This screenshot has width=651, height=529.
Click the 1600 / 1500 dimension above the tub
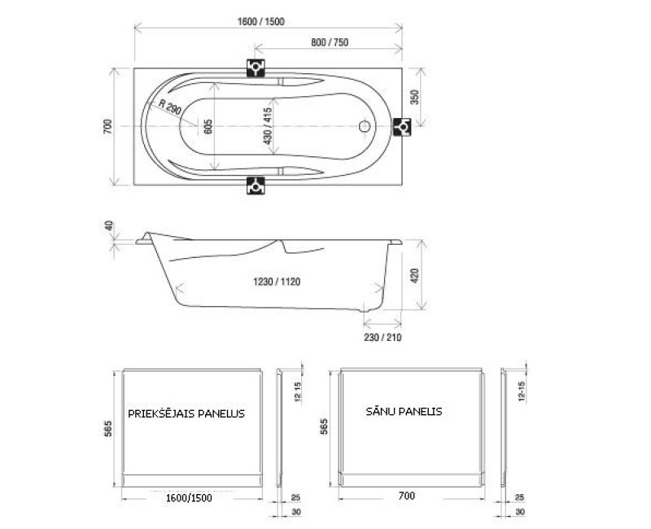click(261, 22)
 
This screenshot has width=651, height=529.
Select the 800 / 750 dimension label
click(330, 42)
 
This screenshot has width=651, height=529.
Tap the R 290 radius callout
click(168, 107)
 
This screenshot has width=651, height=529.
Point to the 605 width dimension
click(208, 126)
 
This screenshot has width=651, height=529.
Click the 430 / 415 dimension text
click(268, 126)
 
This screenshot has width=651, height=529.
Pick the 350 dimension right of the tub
click(415, 97)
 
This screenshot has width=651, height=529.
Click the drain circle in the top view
click(365, 126)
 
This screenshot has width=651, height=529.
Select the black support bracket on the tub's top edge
click(256, 68)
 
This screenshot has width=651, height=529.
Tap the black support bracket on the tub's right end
click(402, 127)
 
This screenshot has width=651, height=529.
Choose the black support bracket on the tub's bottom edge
click(256, 186)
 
